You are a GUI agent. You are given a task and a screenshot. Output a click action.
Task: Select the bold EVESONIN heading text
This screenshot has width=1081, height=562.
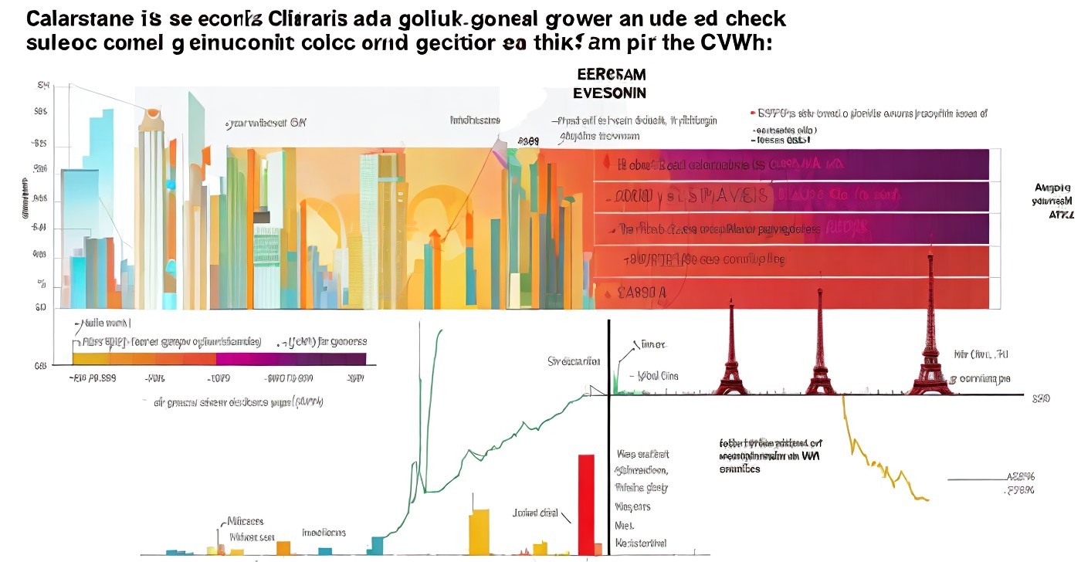click(609, 93)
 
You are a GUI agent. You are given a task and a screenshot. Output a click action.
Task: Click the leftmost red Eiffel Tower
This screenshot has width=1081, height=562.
click(730, 355)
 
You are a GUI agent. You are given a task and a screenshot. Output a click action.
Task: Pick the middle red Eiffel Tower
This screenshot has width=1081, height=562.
click(821, 355)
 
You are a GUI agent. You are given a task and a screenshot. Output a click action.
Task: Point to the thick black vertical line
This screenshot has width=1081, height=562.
click(608, 432)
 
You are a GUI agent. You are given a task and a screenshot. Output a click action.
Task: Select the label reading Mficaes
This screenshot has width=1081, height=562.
click(246, 520)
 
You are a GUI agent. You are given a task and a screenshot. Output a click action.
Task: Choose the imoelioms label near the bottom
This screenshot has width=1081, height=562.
click(324, 533)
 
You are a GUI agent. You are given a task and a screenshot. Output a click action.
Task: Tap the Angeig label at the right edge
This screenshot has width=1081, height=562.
click(1052, 188)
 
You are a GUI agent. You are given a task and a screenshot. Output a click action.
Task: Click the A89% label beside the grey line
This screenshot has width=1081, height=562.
click(1020, 477)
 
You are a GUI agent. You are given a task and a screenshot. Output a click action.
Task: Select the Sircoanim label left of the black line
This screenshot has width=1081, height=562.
click(573, 361)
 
